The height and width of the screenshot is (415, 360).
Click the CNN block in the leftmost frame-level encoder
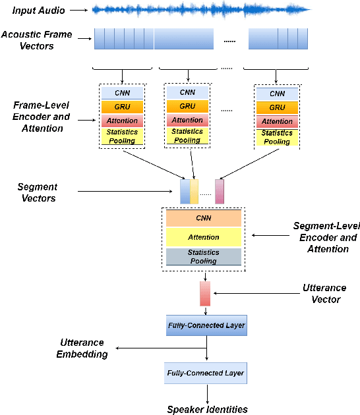(122, 92)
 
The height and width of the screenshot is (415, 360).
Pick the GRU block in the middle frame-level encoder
(187, 106)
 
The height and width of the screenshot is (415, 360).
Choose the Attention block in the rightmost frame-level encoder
(277, 121)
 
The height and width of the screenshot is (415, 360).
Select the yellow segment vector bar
(195, 191)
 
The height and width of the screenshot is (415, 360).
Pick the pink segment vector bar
(220, 191)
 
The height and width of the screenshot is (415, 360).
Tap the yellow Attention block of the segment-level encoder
(203, 237)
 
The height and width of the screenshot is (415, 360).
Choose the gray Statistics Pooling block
(203, 257)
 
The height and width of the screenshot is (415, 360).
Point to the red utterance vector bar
(204, 294)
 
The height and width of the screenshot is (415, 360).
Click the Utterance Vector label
(323, 293)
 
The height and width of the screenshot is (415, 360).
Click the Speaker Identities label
(207, 409)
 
